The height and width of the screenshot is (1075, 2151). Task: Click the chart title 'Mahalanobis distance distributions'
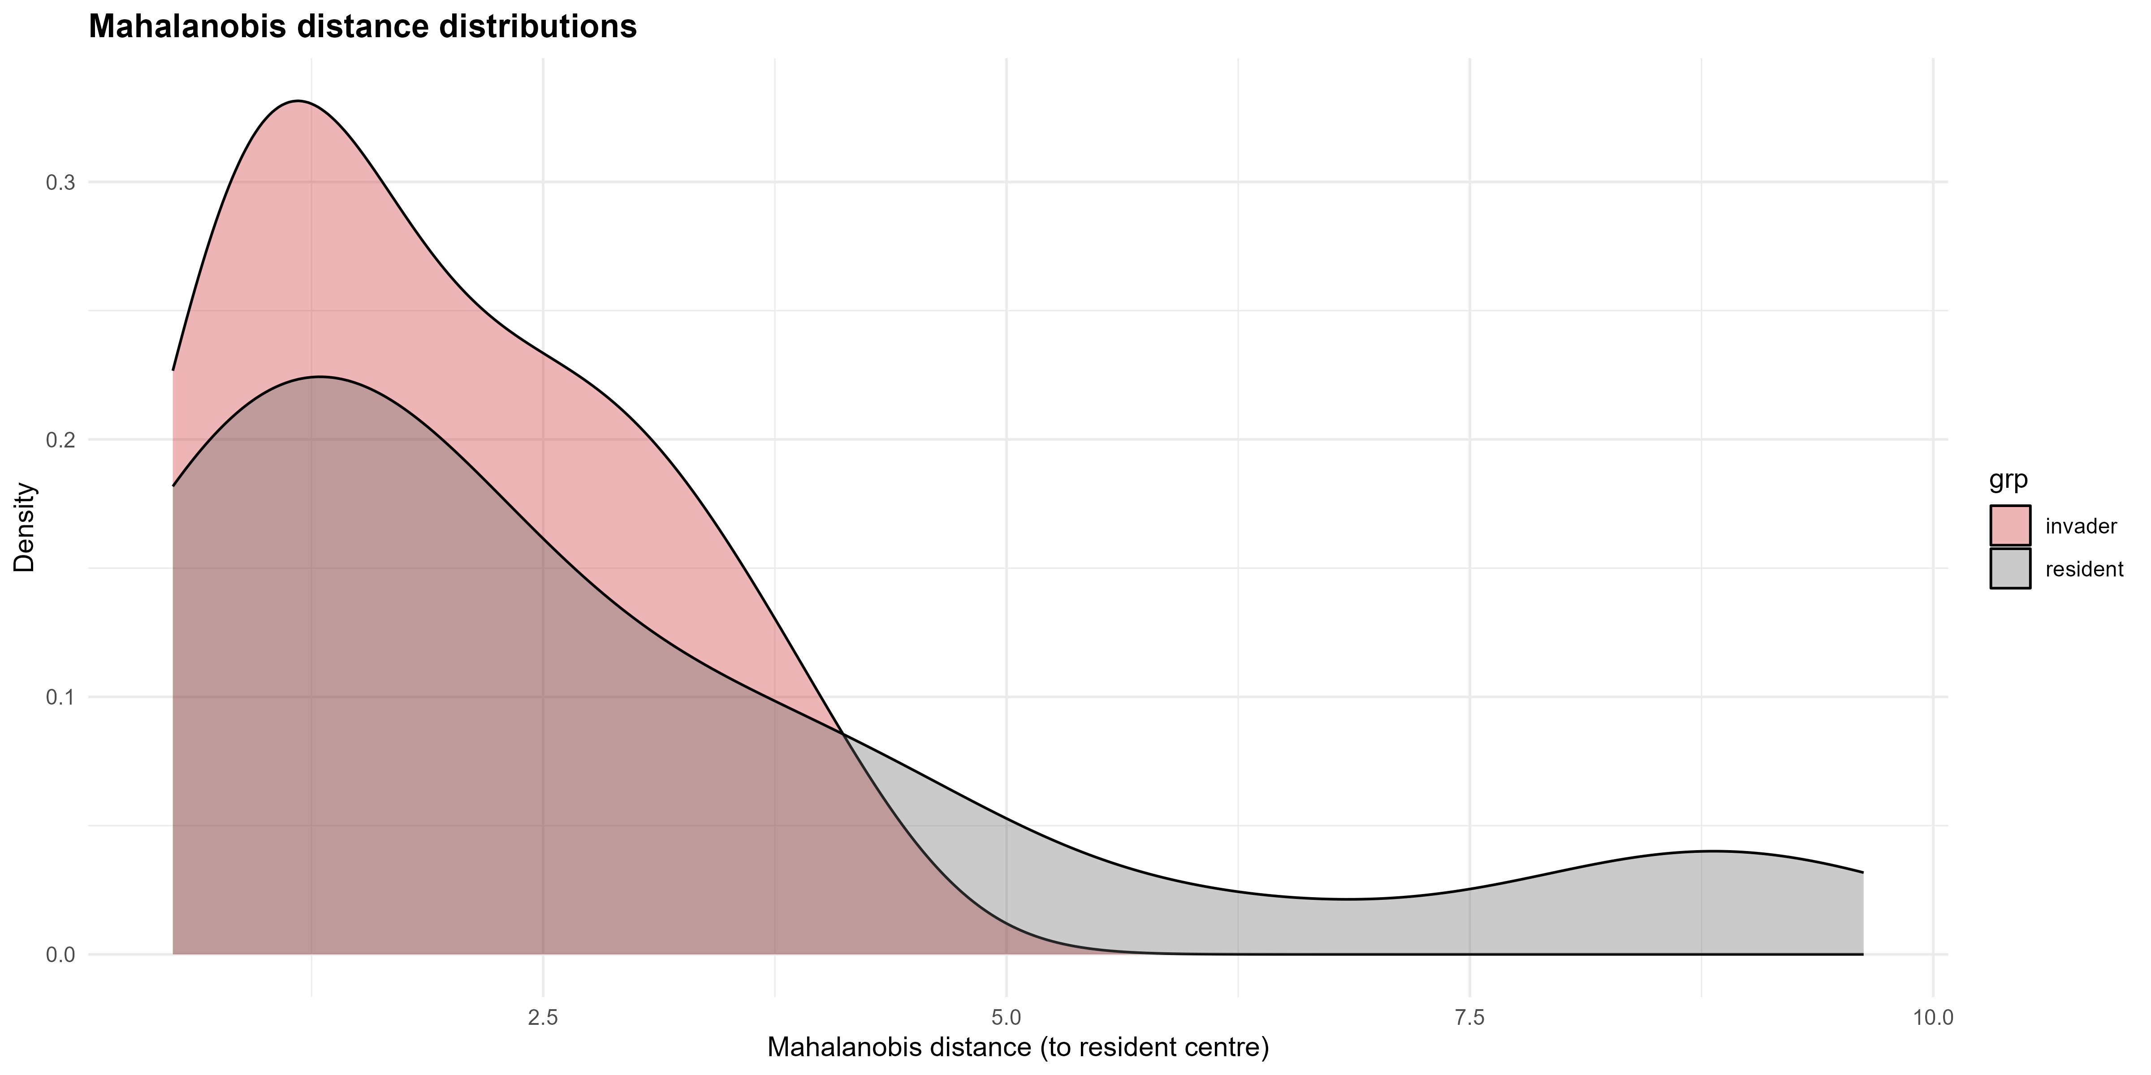(x=363, y=27)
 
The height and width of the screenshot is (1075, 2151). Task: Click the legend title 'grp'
(x=2008, y=479)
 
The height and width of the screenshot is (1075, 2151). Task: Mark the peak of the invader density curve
(x=297, y=101)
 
